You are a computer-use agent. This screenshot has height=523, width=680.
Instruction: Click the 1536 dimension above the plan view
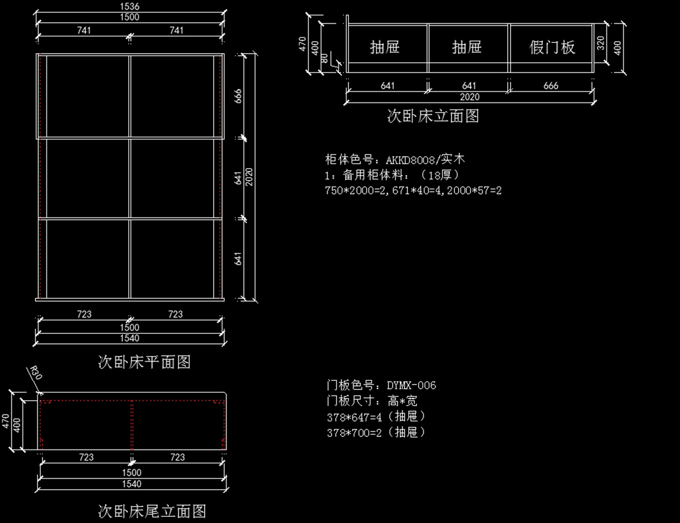tap(130, 7)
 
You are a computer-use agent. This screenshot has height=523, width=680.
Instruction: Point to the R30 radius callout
tap(35, 374)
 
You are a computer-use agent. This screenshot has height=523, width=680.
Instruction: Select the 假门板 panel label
tap(552, 47)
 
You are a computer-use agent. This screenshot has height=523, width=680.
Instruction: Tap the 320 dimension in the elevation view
tap(601, 42)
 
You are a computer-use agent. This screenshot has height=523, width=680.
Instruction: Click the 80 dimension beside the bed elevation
tap(324, 58)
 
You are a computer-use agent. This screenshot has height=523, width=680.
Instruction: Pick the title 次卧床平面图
tap(144, 362)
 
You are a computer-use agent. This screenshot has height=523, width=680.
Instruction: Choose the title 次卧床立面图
tap(433, 116)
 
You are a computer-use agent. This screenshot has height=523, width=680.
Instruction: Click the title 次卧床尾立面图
tap(152, 511)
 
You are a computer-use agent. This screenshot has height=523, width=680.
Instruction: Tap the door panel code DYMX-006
tap(411, 385)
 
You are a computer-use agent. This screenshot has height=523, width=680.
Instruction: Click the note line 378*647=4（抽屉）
tap(376, 417)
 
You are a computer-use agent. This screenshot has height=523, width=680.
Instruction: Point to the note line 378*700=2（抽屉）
tap(376, 432)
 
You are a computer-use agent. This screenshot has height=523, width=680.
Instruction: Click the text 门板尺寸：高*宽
tap(372, 401)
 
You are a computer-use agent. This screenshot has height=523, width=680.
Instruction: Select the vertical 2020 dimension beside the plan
tap(248, 178)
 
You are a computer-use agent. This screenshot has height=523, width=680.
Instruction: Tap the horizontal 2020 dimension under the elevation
tap(469, 97)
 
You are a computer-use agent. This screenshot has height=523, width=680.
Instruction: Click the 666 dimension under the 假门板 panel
tap(550, 85)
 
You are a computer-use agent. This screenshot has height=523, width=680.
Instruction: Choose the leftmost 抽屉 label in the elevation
tap(385, 47)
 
